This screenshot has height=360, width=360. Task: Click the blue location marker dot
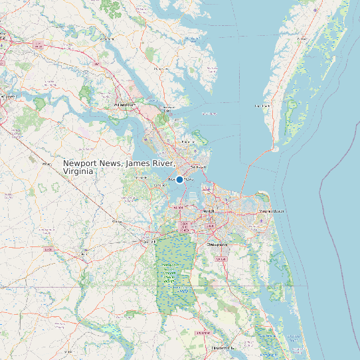click(x=179, y=179)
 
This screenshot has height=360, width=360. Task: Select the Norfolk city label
click(x=209, y=211)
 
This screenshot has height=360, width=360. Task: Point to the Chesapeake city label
click(x=218, y=244)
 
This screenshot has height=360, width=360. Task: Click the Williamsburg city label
click(x=124, y=105)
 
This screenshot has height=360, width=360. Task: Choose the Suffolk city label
click(x=149, y=242)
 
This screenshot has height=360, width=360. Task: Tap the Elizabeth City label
click(x=222, y=347)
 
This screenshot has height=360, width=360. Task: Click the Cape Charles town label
click(x=262, y=106)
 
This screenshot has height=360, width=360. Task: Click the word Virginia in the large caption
click(x=78, y=171)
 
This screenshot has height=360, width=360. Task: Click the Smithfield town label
click(x=141, y=178)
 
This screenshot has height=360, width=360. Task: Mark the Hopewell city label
click(x=8, y=97)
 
